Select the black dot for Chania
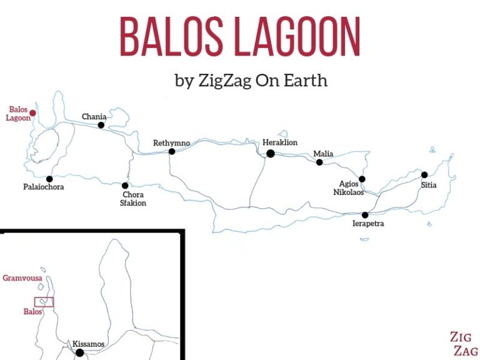[101, 125]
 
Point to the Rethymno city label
[171, 143]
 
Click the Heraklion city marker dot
[271, 153]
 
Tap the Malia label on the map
[323, 154]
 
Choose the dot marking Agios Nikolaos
[362, 179]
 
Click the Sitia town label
[429, 185]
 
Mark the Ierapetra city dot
[365, 215]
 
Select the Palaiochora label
[44, 187]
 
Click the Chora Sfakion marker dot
[125, 186]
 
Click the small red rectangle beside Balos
[44, 302]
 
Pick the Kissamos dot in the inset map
[79, 353]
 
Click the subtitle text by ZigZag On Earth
[251, 81]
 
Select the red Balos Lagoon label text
[18, 114]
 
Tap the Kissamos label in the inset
[88, 344]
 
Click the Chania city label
[94, 117]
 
